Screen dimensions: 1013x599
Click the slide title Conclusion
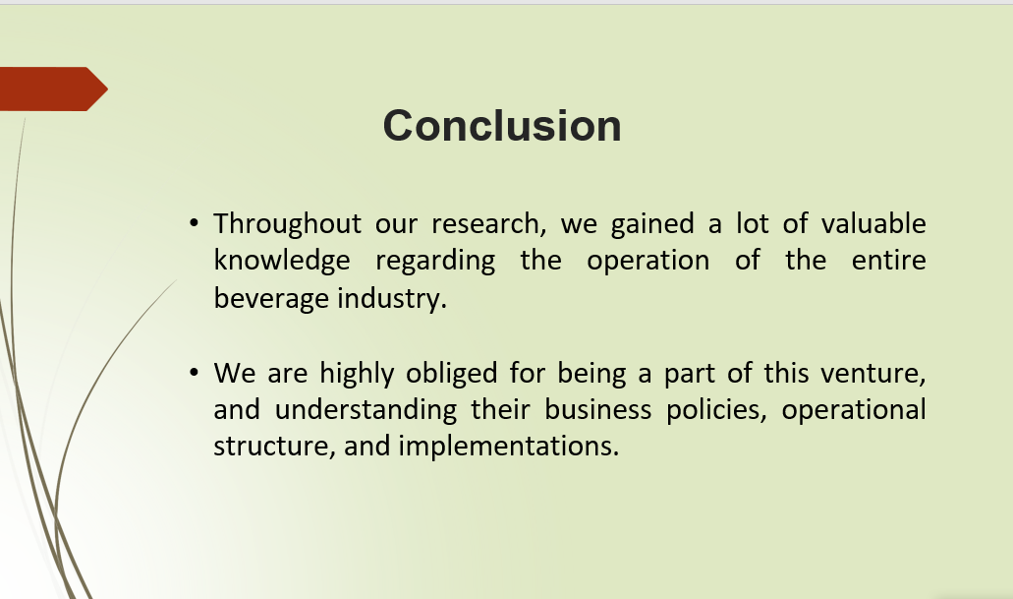502,126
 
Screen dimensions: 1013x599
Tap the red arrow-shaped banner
53,89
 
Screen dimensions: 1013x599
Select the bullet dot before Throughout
194,223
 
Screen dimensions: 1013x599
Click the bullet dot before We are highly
194,373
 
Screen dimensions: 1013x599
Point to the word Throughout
288,224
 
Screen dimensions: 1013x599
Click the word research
488,224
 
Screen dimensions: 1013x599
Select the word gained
651,224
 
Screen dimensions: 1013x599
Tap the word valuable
873,223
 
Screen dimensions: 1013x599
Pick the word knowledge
282,262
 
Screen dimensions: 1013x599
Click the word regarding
435,262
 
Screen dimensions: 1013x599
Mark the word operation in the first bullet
647,262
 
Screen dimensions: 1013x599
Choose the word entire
889,261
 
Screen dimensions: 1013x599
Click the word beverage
272,299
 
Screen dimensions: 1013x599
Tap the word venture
872,374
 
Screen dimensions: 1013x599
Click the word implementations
508,447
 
